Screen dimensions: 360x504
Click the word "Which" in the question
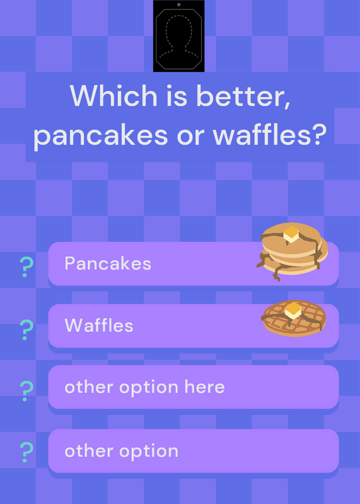click(113, 95)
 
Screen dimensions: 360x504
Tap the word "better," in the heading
click(243, 96)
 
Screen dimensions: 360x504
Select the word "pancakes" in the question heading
click(100, 135)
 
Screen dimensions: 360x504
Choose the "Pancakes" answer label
click(108, 264)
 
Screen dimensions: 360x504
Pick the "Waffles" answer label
click(99, 326)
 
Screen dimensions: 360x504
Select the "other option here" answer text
click(144, 387)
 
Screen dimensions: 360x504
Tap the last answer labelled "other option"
click(121, 451)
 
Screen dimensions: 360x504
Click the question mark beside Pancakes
click(26, 267)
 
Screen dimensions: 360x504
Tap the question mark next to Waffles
click(26, 330)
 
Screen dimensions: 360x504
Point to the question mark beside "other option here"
click(26, 391)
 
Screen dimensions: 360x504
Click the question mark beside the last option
click(26, 452)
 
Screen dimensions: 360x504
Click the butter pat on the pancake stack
click(291, 234)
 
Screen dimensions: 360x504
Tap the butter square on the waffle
click(293, 311)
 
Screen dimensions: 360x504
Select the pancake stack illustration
click(292, 251)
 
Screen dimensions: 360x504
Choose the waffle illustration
click(294, 318)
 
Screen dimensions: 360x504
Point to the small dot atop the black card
click(179, 4)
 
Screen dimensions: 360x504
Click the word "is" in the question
click(177, 96)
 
